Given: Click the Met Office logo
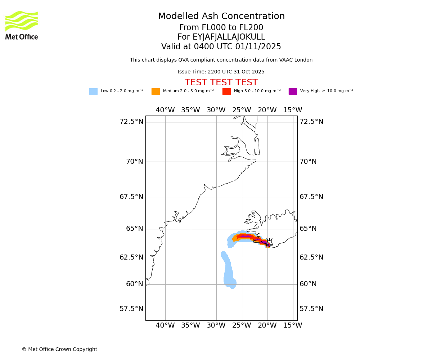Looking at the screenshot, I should coord(22,25).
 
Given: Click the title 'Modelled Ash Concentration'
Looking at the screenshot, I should coord(221,17).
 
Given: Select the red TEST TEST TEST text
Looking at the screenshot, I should coord(221,82).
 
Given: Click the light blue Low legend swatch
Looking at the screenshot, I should coord(93,91).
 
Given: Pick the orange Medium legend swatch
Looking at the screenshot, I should coord(156,91).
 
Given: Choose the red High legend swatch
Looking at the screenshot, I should coord(226,91).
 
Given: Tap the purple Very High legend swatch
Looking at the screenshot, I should coord(293,91).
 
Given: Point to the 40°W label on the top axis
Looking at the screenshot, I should coord(165,110).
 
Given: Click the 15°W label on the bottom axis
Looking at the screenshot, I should coord(293,325).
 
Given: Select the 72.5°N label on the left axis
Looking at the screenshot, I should coord(131,122).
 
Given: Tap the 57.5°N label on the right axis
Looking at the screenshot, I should coord(311,309).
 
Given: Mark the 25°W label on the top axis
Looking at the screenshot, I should coord(242,110).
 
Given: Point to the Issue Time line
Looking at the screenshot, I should coord(221,72).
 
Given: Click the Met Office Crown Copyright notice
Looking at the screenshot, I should coord(59,349).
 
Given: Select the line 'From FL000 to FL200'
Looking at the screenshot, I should coord(221,28).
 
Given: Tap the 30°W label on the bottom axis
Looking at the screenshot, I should coord(216,325).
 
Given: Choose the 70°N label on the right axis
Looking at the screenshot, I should coord(308,162).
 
